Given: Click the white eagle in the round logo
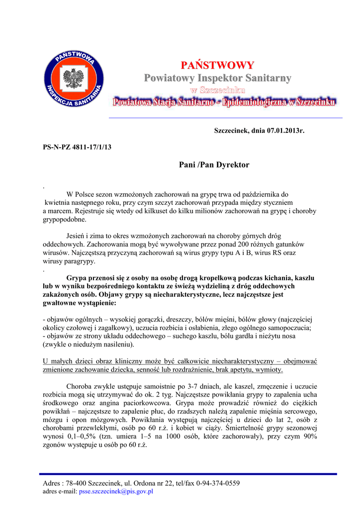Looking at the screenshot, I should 74,80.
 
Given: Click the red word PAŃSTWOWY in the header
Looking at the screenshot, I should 217,66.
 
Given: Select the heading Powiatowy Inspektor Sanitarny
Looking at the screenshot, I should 217,78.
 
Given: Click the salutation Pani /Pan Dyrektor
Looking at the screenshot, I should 214,165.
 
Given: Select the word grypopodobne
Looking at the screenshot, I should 64,219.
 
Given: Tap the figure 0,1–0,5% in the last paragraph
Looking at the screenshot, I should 83,436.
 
